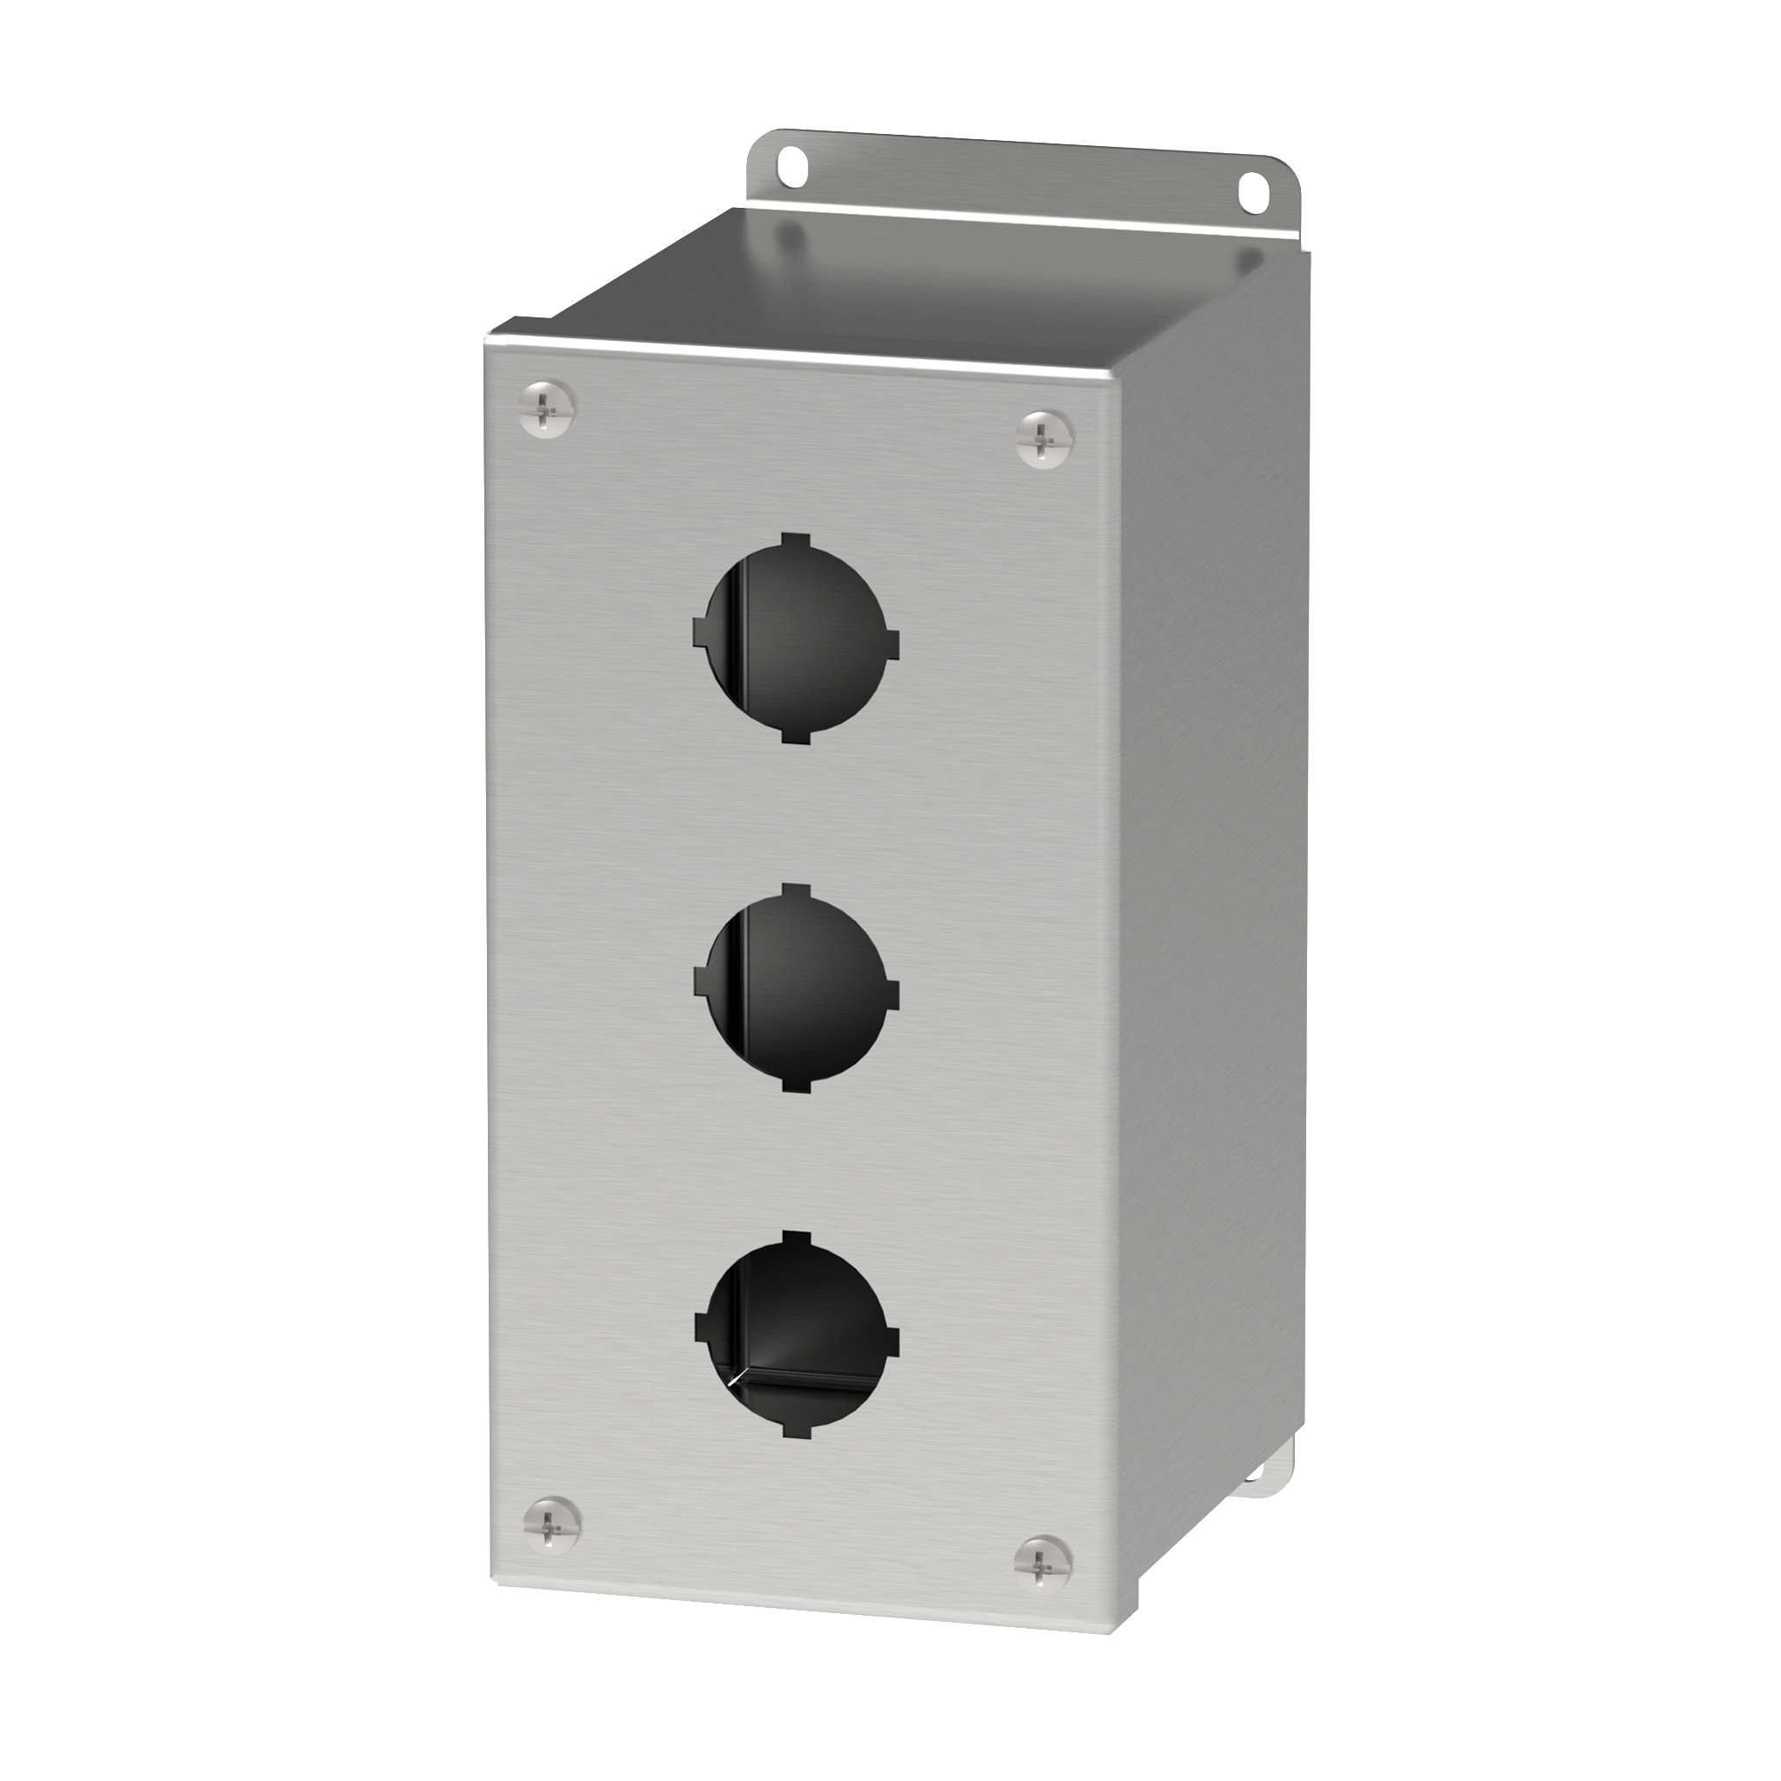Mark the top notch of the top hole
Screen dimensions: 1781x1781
pos(796,539)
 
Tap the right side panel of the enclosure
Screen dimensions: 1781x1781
pos(1208,922)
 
